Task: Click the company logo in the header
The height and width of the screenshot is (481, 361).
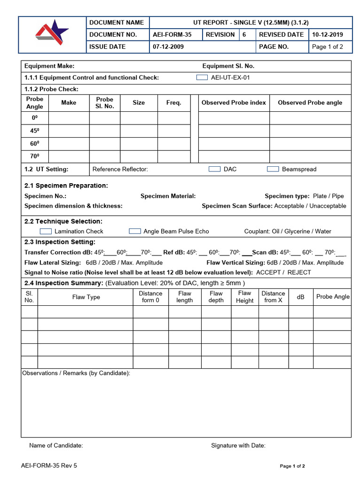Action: point(52,34)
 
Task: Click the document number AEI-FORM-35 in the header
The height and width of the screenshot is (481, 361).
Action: point(172,35)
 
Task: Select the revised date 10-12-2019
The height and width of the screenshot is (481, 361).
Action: point(328,35)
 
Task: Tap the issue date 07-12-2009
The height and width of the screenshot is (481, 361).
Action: point(168,47)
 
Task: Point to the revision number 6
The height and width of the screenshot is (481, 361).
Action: point(244,35)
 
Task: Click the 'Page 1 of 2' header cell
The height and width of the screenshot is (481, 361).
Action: point(328,47)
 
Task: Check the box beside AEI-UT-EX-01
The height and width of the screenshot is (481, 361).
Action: point(202,78)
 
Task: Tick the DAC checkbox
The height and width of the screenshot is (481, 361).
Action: point(214,169)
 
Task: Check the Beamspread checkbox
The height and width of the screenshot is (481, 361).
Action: point(273,169)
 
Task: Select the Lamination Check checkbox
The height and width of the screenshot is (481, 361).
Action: point(46,231)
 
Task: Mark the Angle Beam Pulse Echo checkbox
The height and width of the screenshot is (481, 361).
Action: point(135,231)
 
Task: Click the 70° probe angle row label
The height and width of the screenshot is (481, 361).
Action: point(35,156)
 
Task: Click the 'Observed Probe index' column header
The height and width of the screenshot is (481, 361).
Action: point(234,103)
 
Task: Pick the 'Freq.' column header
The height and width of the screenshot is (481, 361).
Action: point(173,103)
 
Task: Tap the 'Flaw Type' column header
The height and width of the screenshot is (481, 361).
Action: point(86,297)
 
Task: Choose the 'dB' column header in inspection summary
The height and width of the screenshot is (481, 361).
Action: point(300,297)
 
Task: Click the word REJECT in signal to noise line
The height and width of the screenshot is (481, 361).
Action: point(299,272)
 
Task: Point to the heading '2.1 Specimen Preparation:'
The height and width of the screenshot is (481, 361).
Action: point(66,186)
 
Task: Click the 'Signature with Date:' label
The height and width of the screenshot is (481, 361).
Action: point(238,446)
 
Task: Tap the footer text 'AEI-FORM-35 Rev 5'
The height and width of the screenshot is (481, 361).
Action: point(49,466)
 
